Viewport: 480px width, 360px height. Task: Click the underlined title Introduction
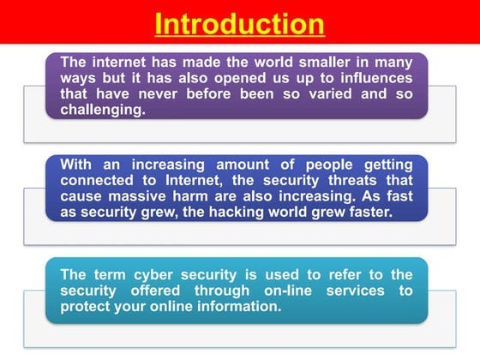240,23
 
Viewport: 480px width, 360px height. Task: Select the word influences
374,77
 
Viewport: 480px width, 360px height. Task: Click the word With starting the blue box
77,165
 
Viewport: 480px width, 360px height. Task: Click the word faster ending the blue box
368,213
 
